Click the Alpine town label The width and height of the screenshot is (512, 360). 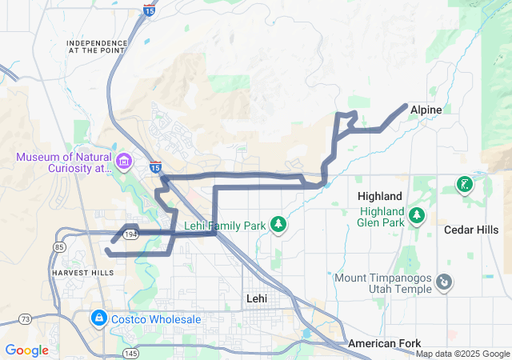point(426,109)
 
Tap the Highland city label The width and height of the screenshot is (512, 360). point(380,196)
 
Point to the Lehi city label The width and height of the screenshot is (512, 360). point(256,298)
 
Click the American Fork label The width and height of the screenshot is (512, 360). point(383,343)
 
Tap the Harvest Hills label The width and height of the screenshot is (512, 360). point(82,272)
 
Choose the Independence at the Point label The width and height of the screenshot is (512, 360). point(97,46)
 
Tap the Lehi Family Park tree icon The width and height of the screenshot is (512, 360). point(278,225)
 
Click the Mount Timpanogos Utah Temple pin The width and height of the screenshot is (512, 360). point(445,282)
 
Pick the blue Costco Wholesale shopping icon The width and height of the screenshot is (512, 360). point(98,318)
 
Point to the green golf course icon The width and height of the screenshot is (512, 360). point(463,186)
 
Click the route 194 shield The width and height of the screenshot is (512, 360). point(131,233)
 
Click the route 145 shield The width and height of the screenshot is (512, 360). point(130,353)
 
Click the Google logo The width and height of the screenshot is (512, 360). point(27,350)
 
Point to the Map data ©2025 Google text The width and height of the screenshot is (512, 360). point(462,354)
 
